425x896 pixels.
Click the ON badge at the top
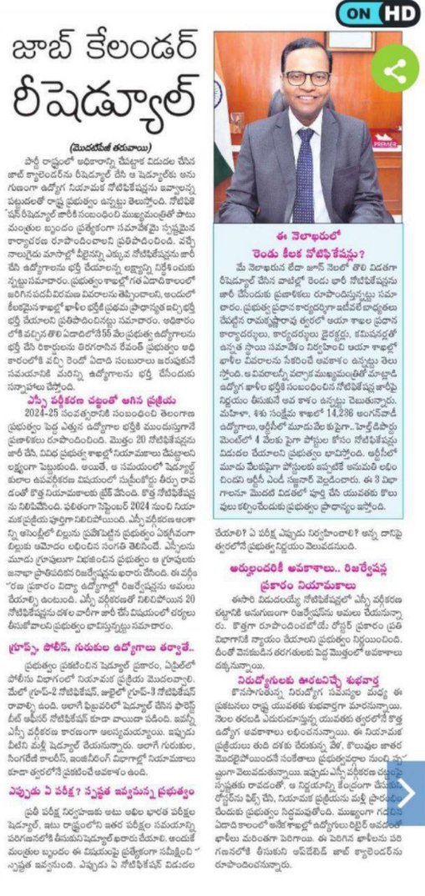[x=359, y=13]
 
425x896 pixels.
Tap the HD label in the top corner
[x=400, y=13]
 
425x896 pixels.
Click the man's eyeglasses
[x=308, y=78]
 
